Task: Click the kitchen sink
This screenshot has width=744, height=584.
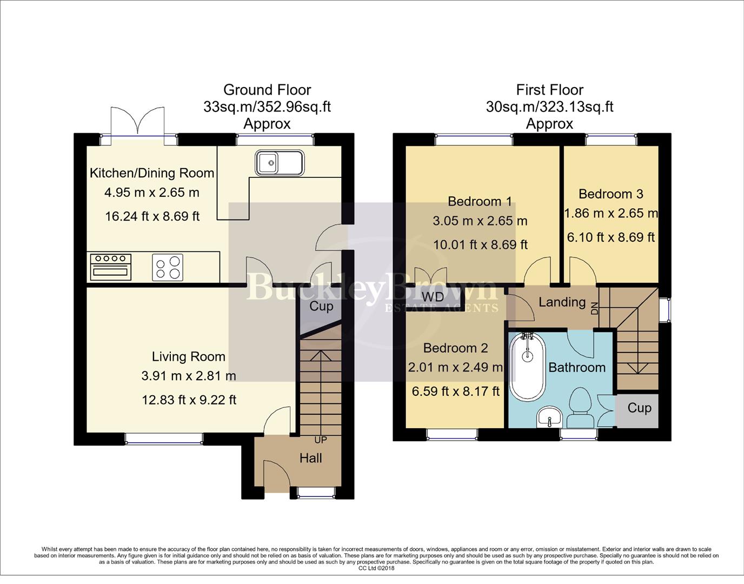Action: coord(280,162)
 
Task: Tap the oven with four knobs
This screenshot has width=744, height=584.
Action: coord(111,267)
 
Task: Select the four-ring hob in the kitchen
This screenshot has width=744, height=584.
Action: coord(168,267)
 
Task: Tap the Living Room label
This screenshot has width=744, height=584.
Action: coord(188,357)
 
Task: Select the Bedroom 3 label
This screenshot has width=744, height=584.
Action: coord(610,194)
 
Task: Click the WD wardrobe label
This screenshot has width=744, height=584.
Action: coord(433,297)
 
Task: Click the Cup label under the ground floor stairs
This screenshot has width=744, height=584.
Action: coord(321,307)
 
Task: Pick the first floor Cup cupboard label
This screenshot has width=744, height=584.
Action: coord(639,408)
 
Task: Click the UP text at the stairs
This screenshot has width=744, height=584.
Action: coord(321,440)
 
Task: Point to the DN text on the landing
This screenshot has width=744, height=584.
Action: coord(595,308)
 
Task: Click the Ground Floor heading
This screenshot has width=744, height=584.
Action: coord(267,90)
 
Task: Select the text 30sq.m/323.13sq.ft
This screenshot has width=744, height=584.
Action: coord(549,107)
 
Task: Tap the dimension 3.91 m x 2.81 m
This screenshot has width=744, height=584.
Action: coord(189,376)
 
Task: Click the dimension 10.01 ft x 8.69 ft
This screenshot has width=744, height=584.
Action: coord(480,245)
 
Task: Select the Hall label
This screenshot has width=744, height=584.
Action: coord(310,459)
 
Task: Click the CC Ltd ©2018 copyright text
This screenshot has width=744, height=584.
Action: coord(376,568)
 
